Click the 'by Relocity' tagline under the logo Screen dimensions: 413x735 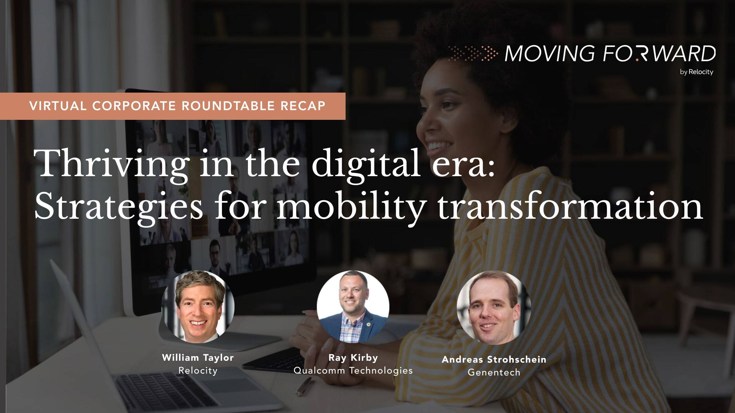point(696,72)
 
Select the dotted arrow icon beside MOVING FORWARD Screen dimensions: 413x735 point(473,53)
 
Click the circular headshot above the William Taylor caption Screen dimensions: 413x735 point(198,307)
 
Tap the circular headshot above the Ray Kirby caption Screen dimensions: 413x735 point(353,307)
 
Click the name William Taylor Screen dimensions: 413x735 point(198,358)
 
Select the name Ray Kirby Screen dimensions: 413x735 point(353,358)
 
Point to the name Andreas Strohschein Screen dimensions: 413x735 point(494,359)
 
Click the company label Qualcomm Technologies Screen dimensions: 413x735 point(353,370)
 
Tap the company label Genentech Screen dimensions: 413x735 point(494,372)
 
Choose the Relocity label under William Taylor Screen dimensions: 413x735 point(198,371)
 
